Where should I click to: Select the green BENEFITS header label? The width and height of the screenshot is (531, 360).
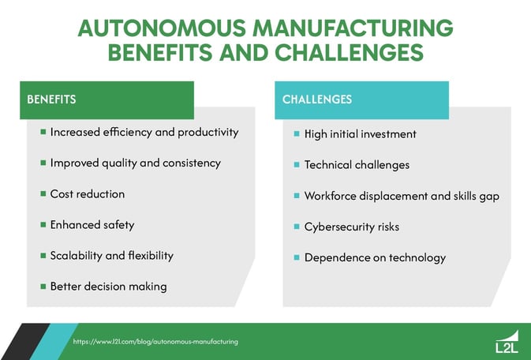point(51,100)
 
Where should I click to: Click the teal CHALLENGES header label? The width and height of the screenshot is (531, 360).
point(317,100)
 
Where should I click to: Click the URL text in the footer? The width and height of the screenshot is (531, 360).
point(155,342)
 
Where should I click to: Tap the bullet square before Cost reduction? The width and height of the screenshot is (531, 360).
point(43,193)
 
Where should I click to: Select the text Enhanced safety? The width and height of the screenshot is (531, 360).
point(92,225)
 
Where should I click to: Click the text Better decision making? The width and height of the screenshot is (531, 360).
point(108,287)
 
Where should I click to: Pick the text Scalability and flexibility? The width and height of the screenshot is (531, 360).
point(111,256)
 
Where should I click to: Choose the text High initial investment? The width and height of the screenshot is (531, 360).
point(360,134)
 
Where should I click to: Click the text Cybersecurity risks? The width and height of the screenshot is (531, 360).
point(351,227)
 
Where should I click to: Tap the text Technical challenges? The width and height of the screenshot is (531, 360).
point(357,165)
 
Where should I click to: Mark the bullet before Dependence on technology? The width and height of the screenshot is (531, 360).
point(297,257)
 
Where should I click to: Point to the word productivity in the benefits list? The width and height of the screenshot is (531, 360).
point(207,132)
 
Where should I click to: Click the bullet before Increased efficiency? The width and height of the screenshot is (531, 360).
point(43,132)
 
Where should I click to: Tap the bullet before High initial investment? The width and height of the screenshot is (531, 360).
point(297,134)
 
